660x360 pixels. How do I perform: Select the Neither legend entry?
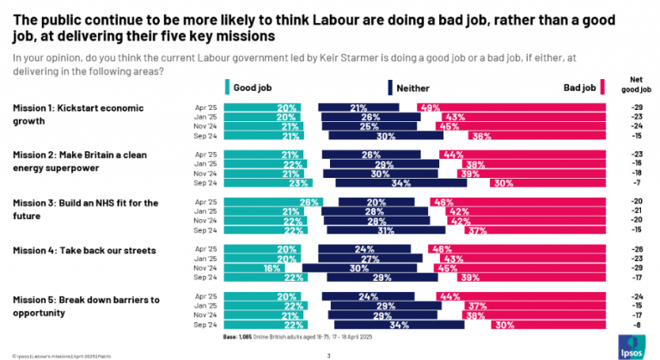click(411, 87)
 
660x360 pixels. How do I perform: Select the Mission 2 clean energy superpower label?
click(74, 162)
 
